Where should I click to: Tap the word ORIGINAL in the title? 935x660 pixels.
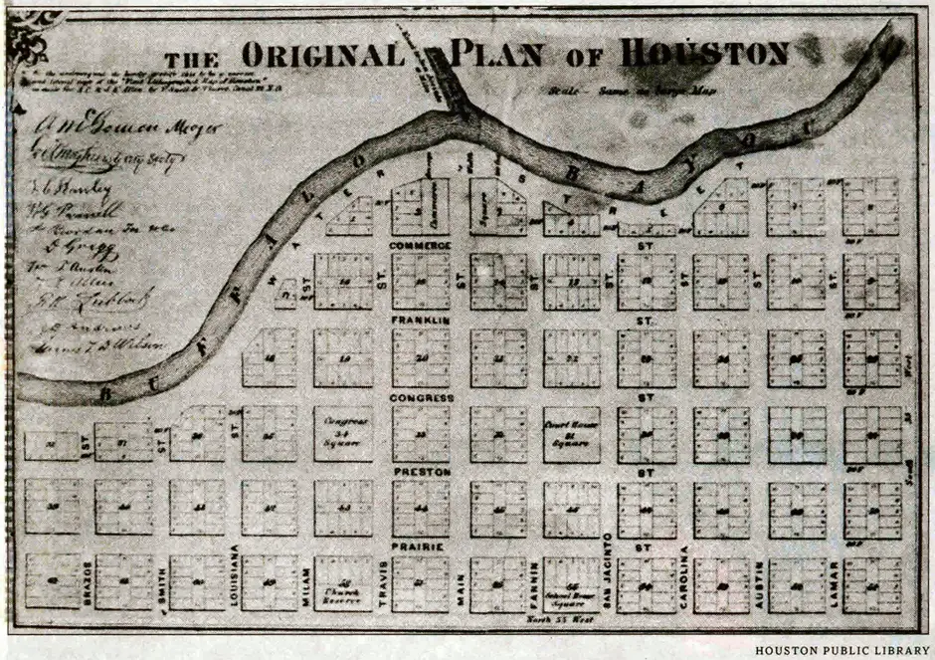(324, 55)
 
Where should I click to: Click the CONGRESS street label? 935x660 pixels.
(421, 397)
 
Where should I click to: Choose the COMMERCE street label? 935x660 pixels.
(420, 245)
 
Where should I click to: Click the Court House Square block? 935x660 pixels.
(571, 435)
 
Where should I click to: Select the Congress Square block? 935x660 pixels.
(343, 434)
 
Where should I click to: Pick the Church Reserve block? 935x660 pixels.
(343, 583)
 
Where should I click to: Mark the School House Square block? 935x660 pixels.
(571, 585)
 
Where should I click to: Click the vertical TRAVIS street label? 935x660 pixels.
(383, 583)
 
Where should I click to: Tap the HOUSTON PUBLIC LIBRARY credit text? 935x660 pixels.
(840, 651)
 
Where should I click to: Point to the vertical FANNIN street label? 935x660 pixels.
(534, 583)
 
